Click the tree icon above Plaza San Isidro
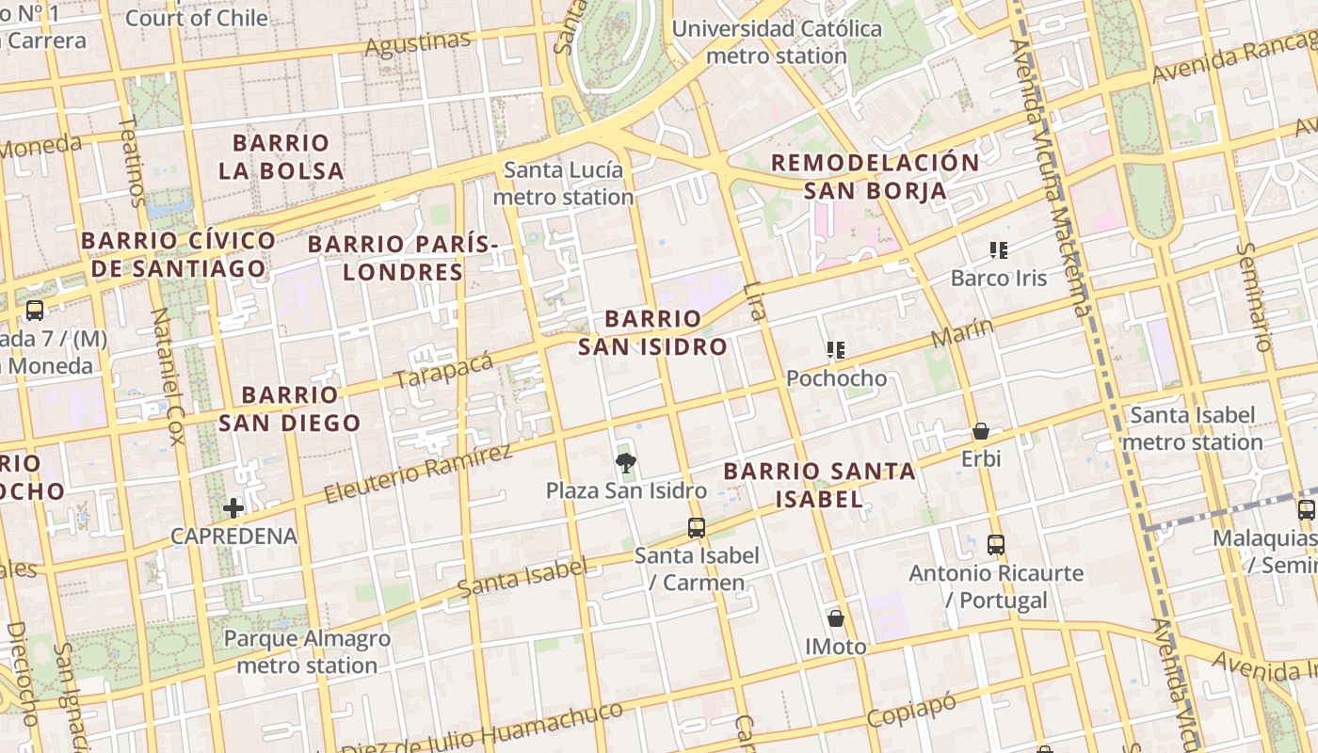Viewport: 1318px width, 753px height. coord(624,462)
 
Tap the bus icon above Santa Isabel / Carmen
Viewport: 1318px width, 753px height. coord(696,527)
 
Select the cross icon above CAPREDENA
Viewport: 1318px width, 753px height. coord(233,508)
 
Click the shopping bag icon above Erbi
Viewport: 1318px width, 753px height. coord(981,431)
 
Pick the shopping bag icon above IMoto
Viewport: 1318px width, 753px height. coord(835,618)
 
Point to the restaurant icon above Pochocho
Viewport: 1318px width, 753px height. coord(835,350)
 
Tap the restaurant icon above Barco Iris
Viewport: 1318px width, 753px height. coord(999,250)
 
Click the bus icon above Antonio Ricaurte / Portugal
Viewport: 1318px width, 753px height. coord(996,544)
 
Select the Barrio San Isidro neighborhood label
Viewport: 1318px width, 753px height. coord(652,332)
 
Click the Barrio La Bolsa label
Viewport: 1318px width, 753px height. coord(281,157)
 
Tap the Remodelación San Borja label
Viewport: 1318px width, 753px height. coord(875,176)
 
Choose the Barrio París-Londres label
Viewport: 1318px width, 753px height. coord(403,258)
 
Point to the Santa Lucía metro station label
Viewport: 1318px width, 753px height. coord(563,184)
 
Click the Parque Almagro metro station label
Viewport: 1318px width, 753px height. coord(307,651)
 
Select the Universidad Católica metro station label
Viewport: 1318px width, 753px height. coord(777,42)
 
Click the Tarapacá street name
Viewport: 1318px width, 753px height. coord(443,370)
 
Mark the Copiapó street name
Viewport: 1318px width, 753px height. coord(910,710)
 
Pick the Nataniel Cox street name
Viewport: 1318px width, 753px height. coord(167,376)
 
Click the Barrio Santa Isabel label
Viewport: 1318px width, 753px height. coord(819,485)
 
